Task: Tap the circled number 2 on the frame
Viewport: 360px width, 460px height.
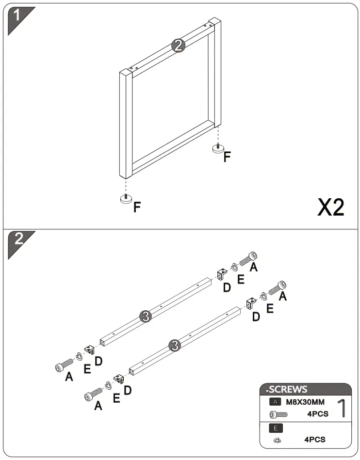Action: (178, 46)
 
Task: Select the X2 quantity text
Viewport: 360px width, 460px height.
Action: (330, 207)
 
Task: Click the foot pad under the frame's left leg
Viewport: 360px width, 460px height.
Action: (127, 200)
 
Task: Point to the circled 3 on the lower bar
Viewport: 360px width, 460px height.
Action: (175, 346)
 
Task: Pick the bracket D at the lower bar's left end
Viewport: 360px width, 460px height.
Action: (117, 379)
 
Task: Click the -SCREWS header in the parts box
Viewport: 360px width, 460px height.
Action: (287, 389)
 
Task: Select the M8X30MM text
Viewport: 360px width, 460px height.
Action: (305, 401)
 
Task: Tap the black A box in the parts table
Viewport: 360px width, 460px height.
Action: (275, 401)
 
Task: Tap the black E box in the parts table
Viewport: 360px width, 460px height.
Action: (275, 428)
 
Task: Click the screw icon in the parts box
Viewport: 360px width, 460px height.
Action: (279, 414)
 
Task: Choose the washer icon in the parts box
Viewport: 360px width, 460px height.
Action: (277, 440)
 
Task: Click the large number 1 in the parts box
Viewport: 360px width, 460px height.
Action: (341, 408)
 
